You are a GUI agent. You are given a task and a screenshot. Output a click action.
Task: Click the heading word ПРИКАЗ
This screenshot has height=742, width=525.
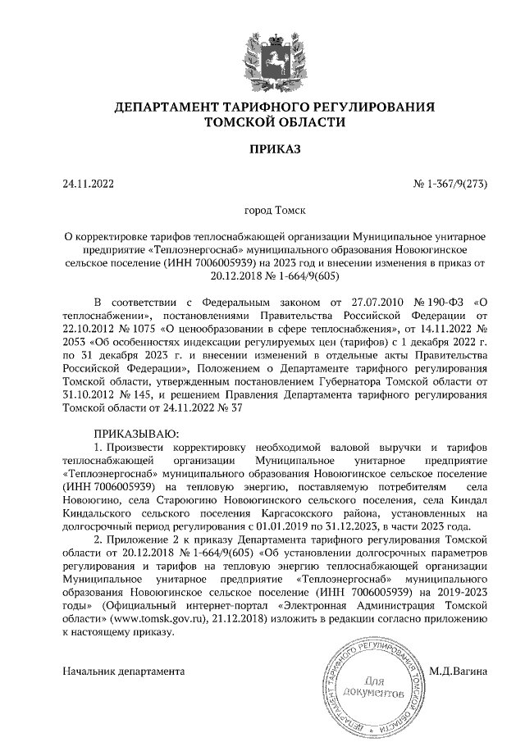click(x=275, y=149)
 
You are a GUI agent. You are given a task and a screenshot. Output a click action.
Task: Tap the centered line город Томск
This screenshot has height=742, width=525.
click(x=275, y=210)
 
